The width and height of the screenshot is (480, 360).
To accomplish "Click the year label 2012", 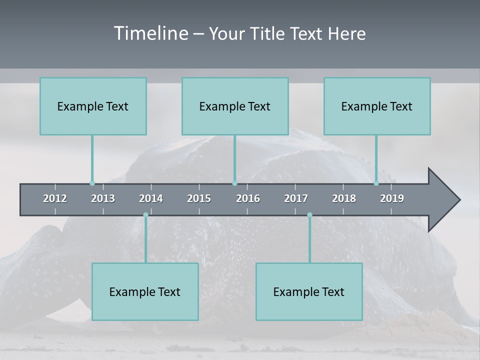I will (x=55, y=198).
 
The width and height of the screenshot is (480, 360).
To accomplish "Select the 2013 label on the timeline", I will (x=103, y=198).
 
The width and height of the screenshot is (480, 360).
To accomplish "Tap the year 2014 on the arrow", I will (x=151, y=198).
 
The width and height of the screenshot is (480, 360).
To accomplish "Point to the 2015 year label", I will (x=199, y=198).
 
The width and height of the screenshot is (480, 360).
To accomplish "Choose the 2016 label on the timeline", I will (x=248, y=198).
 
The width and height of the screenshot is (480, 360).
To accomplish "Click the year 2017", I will (x=296, y=198).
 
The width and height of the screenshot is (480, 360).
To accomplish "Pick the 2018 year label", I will (x=344, y=198).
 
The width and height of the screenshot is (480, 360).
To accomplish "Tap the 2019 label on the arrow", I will (x=392, y=198).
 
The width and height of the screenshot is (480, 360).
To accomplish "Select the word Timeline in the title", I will (x=150, y=33).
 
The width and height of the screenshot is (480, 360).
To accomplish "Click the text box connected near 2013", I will (x=93, y=106).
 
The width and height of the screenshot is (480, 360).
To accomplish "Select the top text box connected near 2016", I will (x=235, y=106).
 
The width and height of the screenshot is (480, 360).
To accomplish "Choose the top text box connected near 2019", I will (x=377, y=106).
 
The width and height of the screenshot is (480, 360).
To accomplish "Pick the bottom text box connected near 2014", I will (x=145, y=292).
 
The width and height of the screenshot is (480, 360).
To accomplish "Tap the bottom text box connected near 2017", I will (x=309, y=292).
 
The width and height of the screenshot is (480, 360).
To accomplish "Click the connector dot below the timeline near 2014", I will (x=145, y=215).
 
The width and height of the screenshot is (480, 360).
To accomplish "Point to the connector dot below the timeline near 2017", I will (x=309, y=215).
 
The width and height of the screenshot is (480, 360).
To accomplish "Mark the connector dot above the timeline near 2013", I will (x=92, y=183).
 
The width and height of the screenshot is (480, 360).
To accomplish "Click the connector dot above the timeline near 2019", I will (x=376, y=183).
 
